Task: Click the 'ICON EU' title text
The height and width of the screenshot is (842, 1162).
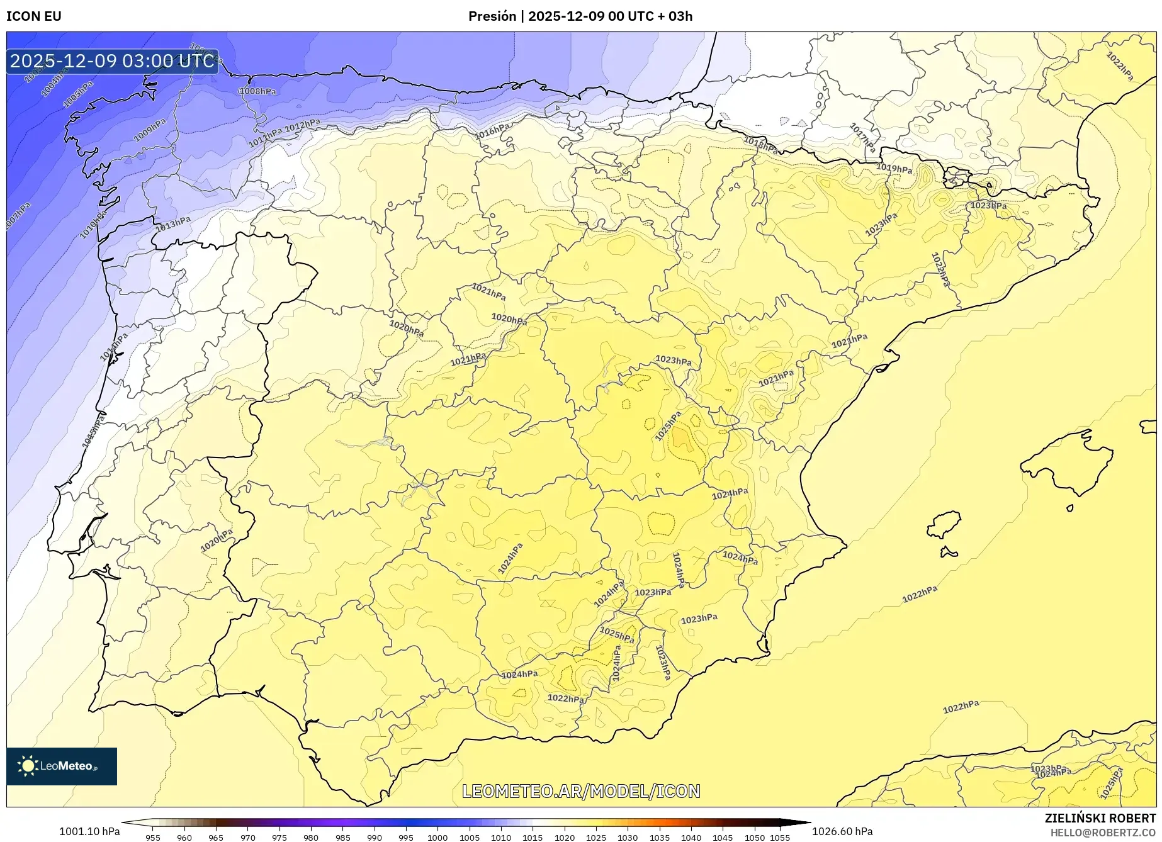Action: pyautogui.click(x=34, y=16)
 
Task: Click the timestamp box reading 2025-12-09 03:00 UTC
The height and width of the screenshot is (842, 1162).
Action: pyautogui.click(x=112, y=61)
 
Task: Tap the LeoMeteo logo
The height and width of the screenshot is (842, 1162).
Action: pyautogui.click(x=62, y=766)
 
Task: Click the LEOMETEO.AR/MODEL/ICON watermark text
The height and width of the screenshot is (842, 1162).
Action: pyautogui.click(x=581, y=791)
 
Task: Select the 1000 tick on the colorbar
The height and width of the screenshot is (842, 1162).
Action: pyautogui.click(x=437, y=837)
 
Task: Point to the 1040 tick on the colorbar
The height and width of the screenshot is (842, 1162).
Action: pyautogui.click(x=691, y=837)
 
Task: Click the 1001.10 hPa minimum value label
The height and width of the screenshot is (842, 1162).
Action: pyautogui.click(x=89, y=831)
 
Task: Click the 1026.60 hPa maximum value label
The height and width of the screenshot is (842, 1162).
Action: pyautogui.click(x=842, y=831)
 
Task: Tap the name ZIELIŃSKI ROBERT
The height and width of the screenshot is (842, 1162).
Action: pyautogui.click(x=1100, y=819)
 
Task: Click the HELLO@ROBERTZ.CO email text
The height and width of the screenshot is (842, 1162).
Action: pyautogui.click(x=1102, y=833)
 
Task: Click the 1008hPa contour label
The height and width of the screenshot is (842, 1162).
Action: pyautogui.click(x=258, y=91)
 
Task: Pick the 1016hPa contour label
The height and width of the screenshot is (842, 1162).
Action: pyautogui.click(x=492, y=132)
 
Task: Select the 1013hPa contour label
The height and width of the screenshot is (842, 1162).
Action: pyautogui.click(x=173, y=223)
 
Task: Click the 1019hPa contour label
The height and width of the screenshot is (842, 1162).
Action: pyautogui.click(x=894, y=169)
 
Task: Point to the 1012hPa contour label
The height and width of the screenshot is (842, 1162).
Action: pyautogui.click(x=302, y=126)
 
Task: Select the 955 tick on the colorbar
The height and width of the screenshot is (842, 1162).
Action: pyautogui.click(x=152, y=837)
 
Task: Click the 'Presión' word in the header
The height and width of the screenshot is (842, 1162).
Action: pyautogui.click(x=492, y=16)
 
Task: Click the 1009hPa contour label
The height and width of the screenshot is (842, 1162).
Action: pyautogui.click(x=150, y=130)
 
